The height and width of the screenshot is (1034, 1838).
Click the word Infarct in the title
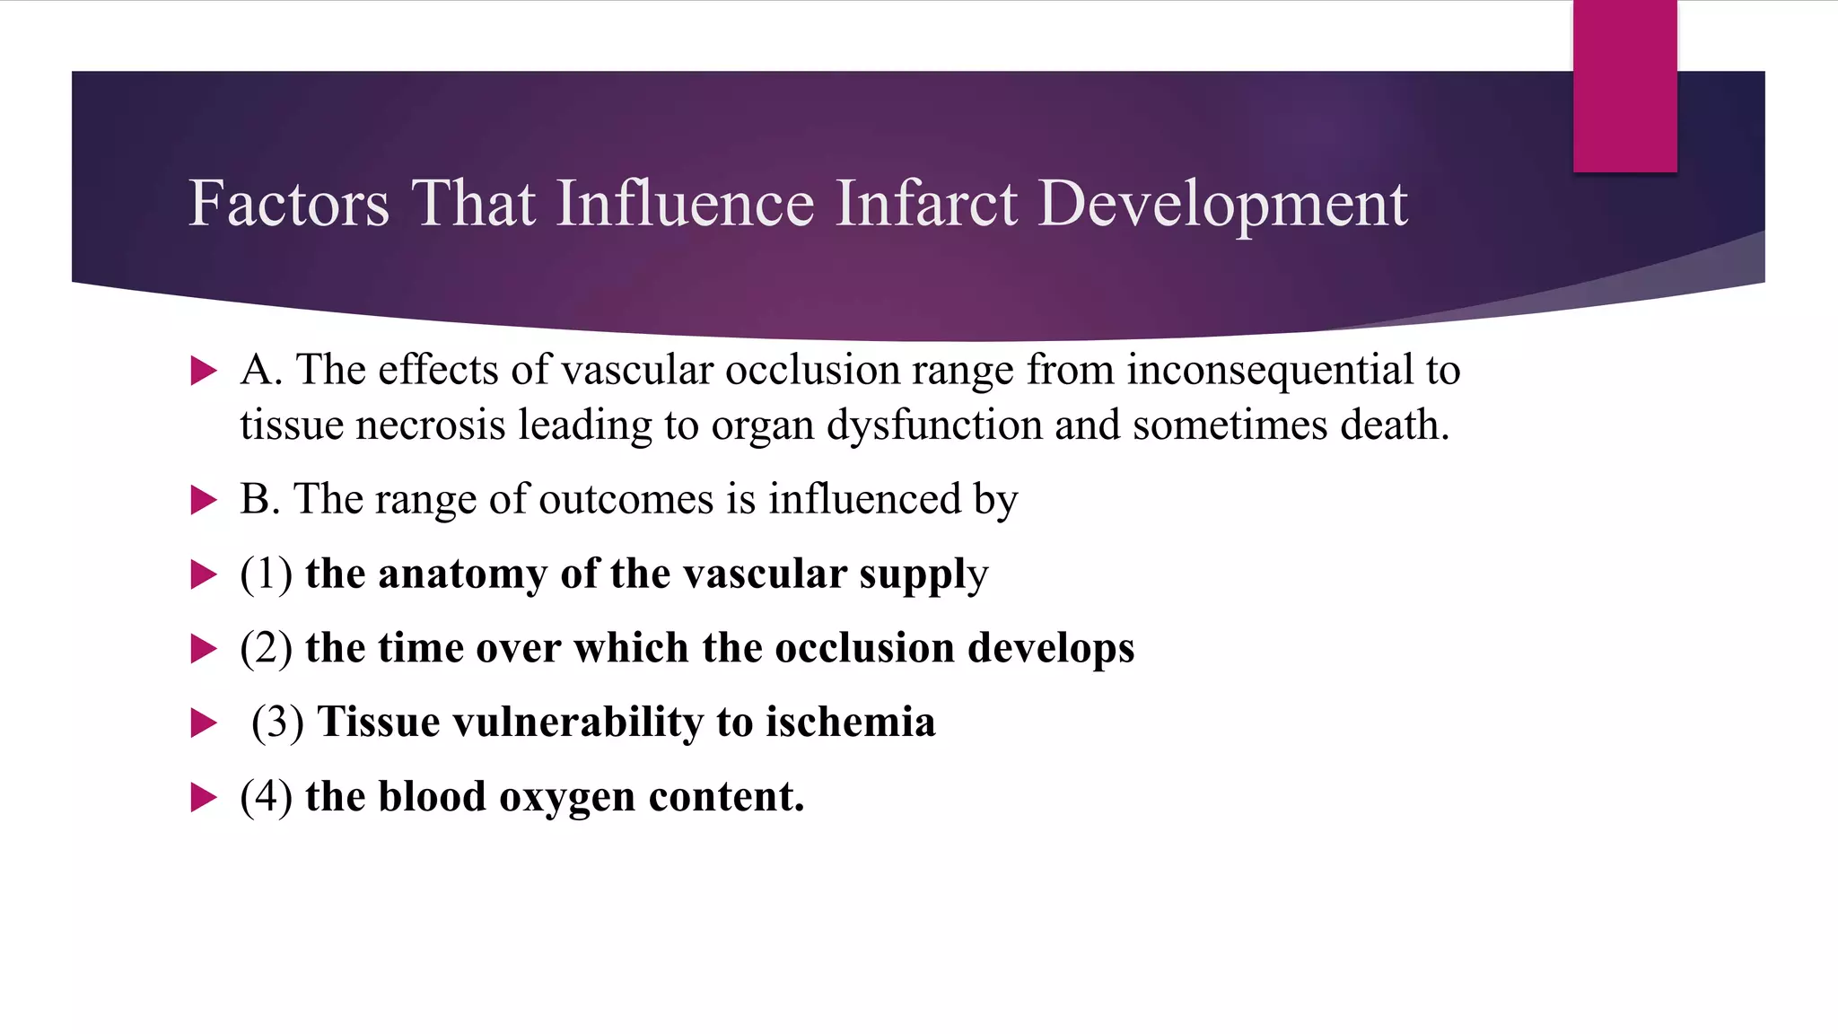pos(926,204)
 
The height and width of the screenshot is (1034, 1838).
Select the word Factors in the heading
pos(289,204)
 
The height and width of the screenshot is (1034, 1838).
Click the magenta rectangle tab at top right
pos(1624,86)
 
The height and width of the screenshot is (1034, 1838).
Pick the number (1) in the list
pos(267,574)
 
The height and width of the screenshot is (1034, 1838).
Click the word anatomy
pos(462,574)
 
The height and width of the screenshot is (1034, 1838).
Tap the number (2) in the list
pos(267,648)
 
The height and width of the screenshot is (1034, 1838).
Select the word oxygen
pos(566,797)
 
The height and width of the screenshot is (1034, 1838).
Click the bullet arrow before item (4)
pos(205,797)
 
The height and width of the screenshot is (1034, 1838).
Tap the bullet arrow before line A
pos(205,370)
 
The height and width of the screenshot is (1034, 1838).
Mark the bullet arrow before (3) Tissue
pos(205,723)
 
